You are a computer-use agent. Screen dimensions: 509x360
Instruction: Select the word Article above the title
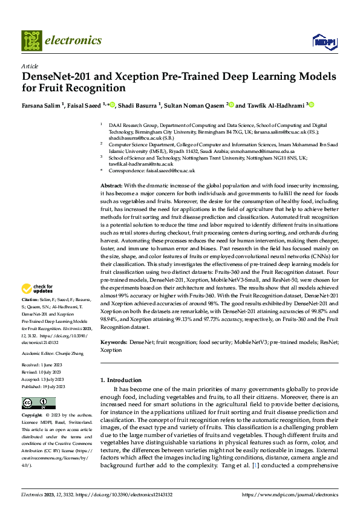[x=29, y=66]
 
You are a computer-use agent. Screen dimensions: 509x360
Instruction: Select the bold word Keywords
[x=114, y=342]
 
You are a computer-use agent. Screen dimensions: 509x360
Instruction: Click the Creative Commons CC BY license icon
[x=39, y=403]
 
